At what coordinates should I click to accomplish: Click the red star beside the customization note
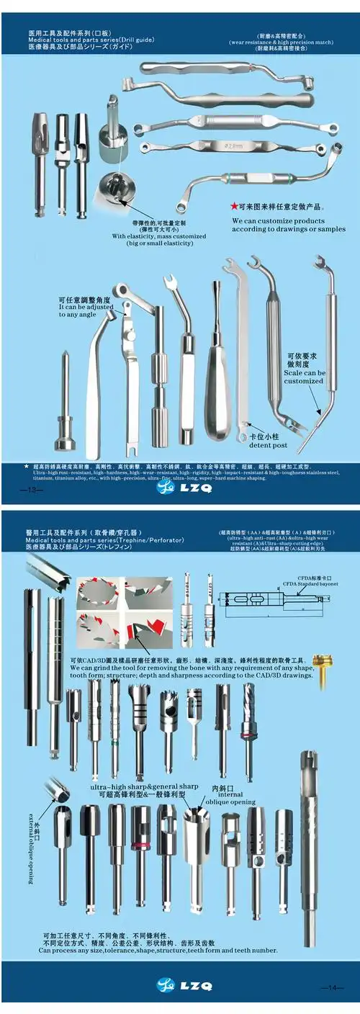[x=233, y=205]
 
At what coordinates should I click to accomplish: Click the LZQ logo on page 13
[x=180, y=488]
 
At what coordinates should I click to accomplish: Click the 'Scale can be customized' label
[x=305, y=377]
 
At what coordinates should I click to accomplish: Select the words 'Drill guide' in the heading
[x=132, y=40]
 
